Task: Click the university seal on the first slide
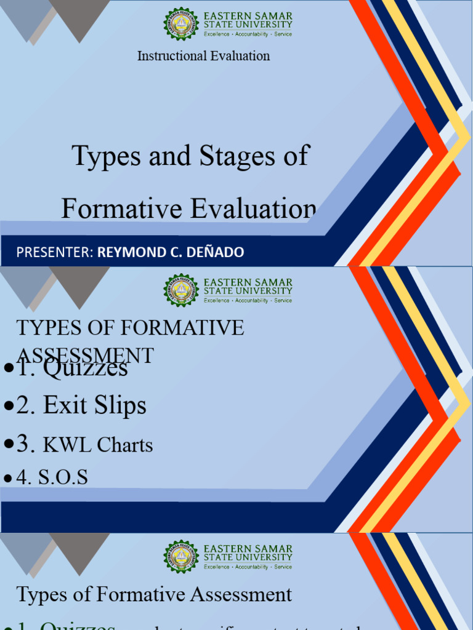coord(181,25)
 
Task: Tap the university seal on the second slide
coord(181,291)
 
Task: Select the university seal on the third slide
coord(181,557)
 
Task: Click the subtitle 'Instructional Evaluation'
coord(203,56)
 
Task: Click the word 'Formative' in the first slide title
coord(120,209)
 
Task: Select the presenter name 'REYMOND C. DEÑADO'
coord(171,252)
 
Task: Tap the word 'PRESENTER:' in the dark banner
coord(55,252)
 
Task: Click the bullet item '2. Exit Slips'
coord(81,405)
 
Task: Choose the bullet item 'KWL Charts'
coord(97,445)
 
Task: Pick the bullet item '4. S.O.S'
coord(52,477)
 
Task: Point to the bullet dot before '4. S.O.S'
coord(8,478)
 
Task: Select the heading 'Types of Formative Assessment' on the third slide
coord(154,594)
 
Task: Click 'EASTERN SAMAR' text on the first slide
coord(248,16)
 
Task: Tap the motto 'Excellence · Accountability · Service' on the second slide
coord(248,300)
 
